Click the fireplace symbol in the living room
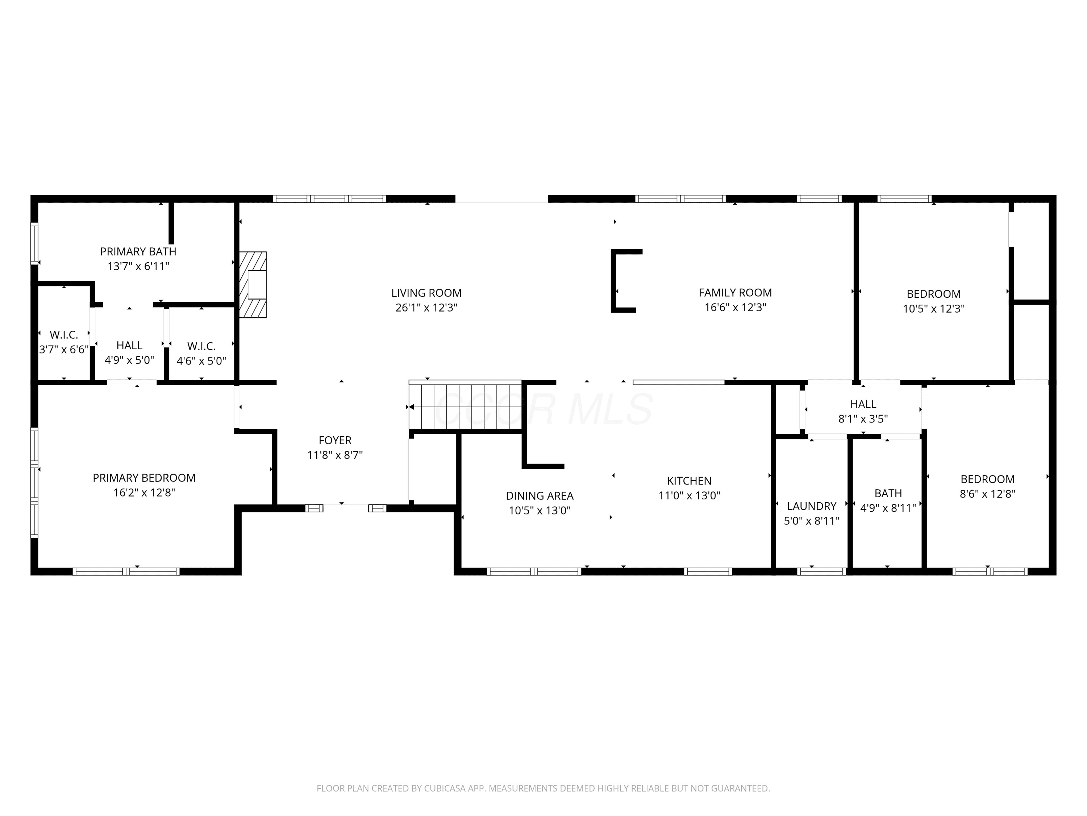pos(253,285)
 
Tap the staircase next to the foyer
pos(465,405)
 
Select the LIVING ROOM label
pos(426,293)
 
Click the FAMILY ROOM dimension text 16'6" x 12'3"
pos(735,308)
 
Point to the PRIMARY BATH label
pos(138,252)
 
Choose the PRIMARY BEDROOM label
pos(144,478)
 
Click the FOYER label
pos(335,441)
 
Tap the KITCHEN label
pos(689,481)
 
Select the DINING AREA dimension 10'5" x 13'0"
pos(540,511)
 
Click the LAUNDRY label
pos(812,506)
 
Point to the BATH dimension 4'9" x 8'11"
pos(888,508)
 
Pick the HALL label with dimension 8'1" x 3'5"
pos(863,404)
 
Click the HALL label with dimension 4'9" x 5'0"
pos(129,346)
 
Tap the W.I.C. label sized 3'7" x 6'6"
pos(64,335)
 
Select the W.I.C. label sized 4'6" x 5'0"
pos(201,346)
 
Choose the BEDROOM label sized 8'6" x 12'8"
pos(988,479)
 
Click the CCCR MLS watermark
pos(543,409)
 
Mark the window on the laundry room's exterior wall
pos(821,572)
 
